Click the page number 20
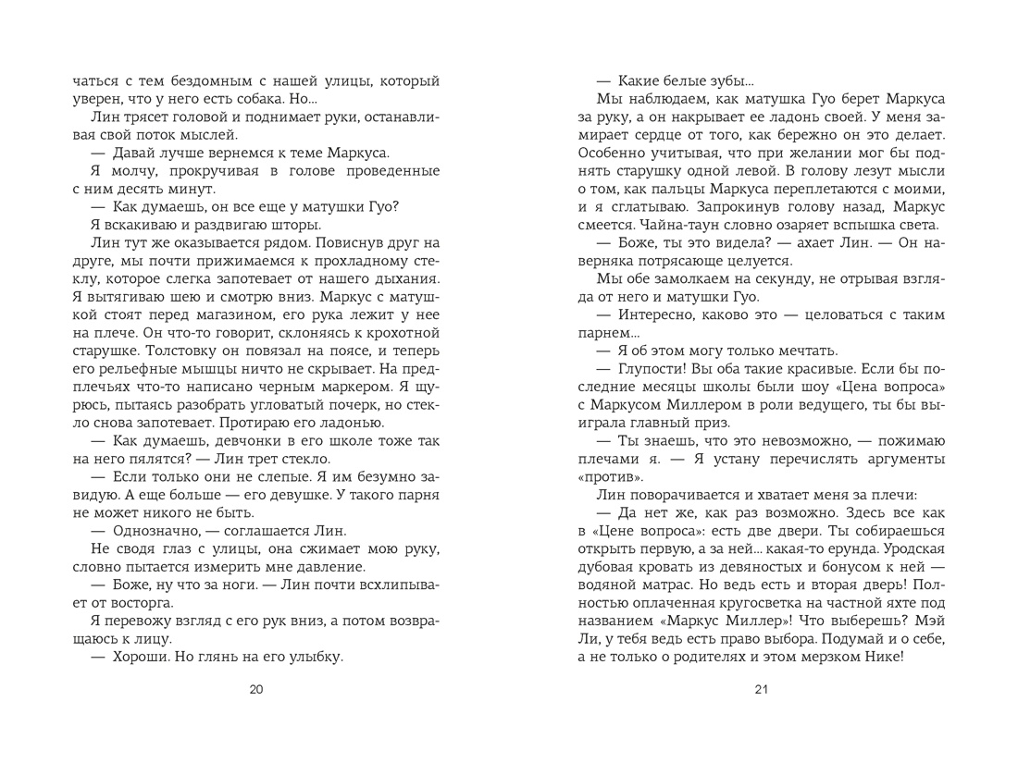pyautogui.click(x=257, y=689)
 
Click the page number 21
pyautogui.click(x=762, y=689)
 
